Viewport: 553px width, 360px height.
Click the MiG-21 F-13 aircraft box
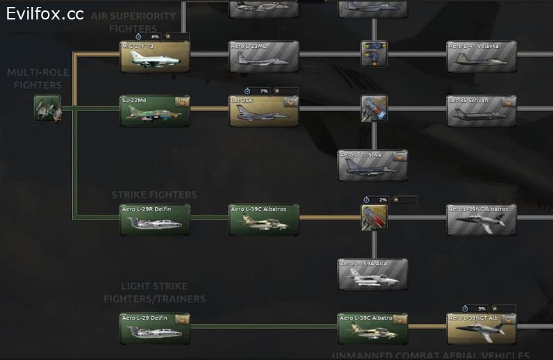(x=155, y=56)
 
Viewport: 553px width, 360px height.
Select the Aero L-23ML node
(x=264, y=56)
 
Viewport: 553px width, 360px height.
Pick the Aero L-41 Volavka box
(x=482, y=56)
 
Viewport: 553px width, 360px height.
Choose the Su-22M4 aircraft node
(x=155, y=111)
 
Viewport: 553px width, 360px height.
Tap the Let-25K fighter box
(x=264, y=111)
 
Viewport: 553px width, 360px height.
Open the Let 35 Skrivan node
(x=482, y=111)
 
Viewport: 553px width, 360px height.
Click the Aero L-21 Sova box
(x=373, y=165)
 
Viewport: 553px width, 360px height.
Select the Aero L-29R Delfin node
(x=155, y=219)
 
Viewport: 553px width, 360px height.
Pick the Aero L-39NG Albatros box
(x=482, y=219)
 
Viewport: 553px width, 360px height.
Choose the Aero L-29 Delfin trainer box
(x=155, y=328)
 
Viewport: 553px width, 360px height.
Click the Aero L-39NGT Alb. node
(x=482, y=328)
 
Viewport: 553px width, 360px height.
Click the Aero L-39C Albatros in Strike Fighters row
(x=264, y=219)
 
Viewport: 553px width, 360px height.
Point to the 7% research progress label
(x=263, y=91)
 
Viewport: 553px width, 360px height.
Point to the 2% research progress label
(x=383, y=199)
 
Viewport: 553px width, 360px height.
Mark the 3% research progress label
(x=481, y=308)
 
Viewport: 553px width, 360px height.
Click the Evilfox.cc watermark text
(x=45, y=13)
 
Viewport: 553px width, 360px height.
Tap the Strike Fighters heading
(x=154, y=195)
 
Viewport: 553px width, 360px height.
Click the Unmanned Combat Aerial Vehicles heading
(x=431, y=355)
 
